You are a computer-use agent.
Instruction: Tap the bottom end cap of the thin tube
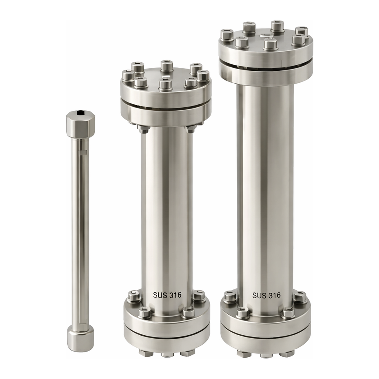(x=80, y=338)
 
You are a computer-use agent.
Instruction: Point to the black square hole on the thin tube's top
(x=80, y=112)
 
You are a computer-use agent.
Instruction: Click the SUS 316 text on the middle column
(x=167, y=295)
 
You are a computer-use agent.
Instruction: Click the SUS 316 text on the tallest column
(x=266, y=295)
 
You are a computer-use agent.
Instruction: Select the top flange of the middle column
(x=166, y=97)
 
